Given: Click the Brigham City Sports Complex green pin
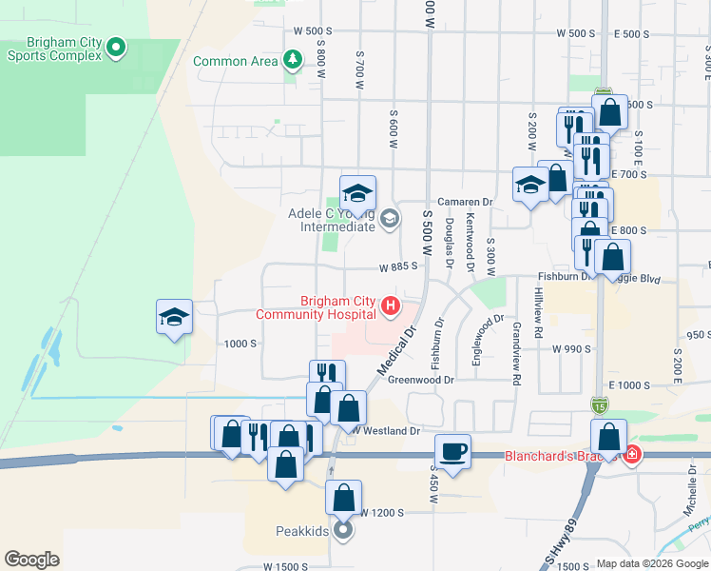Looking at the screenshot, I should click(116, 45).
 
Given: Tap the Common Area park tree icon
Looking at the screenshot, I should click(293, 62).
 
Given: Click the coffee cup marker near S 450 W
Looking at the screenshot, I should click(453, 450).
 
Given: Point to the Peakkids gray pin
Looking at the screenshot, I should click(343, 529).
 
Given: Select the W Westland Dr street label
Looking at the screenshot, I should click(386, 431).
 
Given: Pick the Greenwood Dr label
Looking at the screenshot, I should click(422, 379).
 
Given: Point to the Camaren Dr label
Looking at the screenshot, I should click(465, 202).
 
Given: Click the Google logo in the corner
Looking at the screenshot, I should click(31, 560).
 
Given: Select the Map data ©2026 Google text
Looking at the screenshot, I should click(652, 564).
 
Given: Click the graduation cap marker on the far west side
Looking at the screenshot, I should click(175, 317).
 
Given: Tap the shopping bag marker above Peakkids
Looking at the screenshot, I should click(343, 497).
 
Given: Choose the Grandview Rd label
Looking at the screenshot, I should click(515, 353).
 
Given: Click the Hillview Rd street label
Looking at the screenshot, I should click(538, 313).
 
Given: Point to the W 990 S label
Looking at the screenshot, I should click(571, 349).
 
